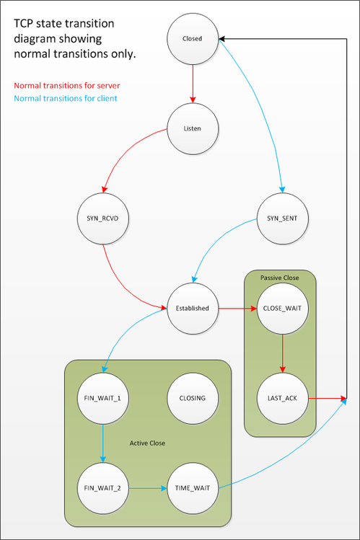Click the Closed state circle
pyautogui.click(x=193, y=39)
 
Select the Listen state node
pyautogui.click(x=193, y=129)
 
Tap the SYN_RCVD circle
pyautogui.click(x=102, y=218)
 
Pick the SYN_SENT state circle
pyautogui.click(x=282, y=218)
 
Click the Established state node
pyautogui.click(x=193, y=309)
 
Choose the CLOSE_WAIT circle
pyautogui.click(x=282, y=309)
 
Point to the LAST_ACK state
pyautogui.click(x=282, y=398)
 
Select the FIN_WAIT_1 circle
pyautogui.click(x=102, y=398)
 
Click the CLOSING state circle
pyautogui.click(x=193, y=398)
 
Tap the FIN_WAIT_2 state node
pyautogui.click(x=102, y=488)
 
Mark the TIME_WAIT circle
pyautogui.click(x=193, y=488)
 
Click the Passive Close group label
pyautogui.click(x=280, y=277)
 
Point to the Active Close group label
pyautogui.click(x=147, y=443)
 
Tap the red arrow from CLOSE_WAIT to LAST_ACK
pyautogui.click(x=282, y=353)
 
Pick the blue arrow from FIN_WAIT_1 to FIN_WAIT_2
pyautogui.click(x=102, y=443)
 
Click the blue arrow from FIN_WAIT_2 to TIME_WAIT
pyautogui.click(x=147, y=488)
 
